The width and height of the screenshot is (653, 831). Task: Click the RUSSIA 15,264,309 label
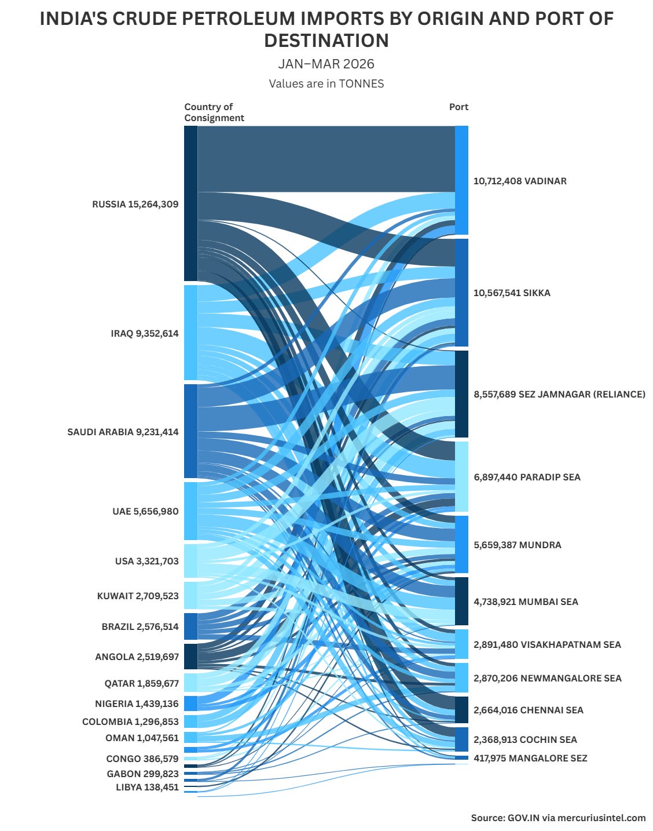[135, 205]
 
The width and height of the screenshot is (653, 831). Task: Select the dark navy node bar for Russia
[190, 203]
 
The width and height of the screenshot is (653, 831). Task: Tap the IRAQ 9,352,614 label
[145, 333]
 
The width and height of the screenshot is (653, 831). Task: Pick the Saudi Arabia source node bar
[190, 431]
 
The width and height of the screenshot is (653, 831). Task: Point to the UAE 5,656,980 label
[145, 511]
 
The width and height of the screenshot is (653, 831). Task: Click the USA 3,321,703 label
[146, 561]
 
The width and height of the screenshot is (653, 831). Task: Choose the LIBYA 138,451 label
[148, 787]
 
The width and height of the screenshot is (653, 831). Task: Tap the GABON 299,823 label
[143, 774]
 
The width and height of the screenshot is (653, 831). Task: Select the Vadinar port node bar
[462, 180]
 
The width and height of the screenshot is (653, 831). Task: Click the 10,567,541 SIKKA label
[512, 293]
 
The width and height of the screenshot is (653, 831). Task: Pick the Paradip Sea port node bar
[462, 476]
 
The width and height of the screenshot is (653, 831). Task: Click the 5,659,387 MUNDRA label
[517, 545]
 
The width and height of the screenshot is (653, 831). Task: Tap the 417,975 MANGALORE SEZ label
[530, 758]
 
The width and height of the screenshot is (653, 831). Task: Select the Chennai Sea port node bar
[462, 710]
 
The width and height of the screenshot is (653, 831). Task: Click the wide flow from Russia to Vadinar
[326, 159]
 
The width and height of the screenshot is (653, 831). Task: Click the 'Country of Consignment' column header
[214, 112]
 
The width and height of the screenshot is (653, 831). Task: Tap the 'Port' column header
[458, 107]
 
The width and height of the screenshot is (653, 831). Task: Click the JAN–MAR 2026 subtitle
[326, 64]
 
